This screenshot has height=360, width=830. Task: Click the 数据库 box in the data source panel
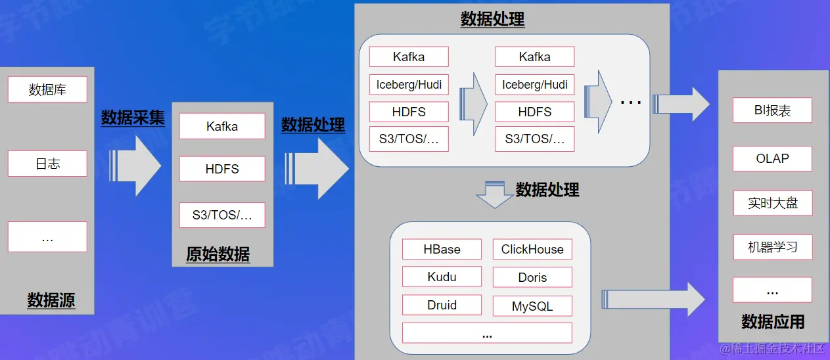pos(47,89)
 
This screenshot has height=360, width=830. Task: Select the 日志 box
pos(47,164)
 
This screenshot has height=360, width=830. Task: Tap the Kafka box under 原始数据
pos(221,126)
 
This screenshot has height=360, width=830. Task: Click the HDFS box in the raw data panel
pos(221,169)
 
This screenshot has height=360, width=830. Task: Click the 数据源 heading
pos(51,301)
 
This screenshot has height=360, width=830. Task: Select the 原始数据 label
pos(218,255)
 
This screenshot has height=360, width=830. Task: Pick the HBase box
pos(442,250)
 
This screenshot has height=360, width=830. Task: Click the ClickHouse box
pos(532,250)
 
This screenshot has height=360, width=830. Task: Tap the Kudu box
pos(442,277)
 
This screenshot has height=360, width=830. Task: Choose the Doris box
pos(532,277)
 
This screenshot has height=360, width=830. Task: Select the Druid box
pos(442,305)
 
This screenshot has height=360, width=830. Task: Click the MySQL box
pos(532,306)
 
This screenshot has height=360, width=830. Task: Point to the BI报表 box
pos(772,111)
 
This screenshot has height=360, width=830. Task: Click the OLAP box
pos(772,159)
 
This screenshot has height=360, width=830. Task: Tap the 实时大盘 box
pos(772,204)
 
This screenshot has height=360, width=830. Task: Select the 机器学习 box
pos(772,248)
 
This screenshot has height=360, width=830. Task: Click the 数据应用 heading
pos(773,322)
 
